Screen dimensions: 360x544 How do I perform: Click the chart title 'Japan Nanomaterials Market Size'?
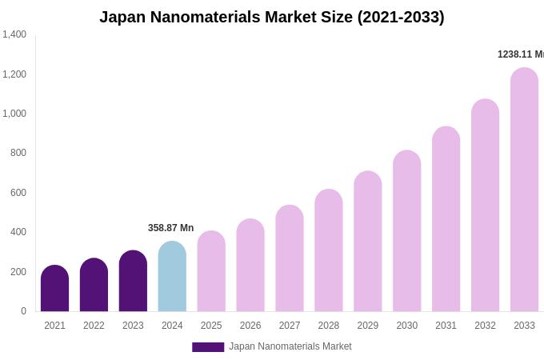tap(271, 17)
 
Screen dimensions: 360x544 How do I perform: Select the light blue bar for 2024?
tap(172, 277)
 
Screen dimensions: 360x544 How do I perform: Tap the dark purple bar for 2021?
tap(54, 289)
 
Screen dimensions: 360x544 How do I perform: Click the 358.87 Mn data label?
tap(170, 228)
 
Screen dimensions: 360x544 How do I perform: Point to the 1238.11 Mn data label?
tap(520, 54)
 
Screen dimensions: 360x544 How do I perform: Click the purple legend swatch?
tap(208, 347)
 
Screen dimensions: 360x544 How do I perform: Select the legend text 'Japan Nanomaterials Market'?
tap(290, 346)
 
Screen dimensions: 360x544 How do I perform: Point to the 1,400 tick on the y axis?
tap(14, 34)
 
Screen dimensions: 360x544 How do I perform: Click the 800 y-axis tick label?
tap(18, 153)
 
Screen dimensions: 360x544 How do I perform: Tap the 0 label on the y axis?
tap(23, 311)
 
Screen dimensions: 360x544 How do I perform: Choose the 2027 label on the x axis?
tap(290, 326)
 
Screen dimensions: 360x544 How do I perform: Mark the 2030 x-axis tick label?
tap(406, 326)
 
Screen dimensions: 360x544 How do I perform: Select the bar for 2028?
tap(329, 251)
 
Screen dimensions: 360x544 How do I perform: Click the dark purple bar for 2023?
tap(133, 282)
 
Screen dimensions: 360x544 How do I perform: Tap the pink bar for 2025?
tap(211, 272)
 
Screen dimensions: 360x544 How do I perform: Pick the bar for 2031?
tap(446, 220)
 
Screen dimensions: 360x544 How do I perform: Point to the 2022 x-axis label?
tap(94, 326)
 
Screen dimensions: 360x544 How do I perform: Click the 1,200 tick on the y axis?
tap(14, 74)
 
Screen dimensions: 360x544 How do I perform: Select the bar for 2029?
tap(368, 242)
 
